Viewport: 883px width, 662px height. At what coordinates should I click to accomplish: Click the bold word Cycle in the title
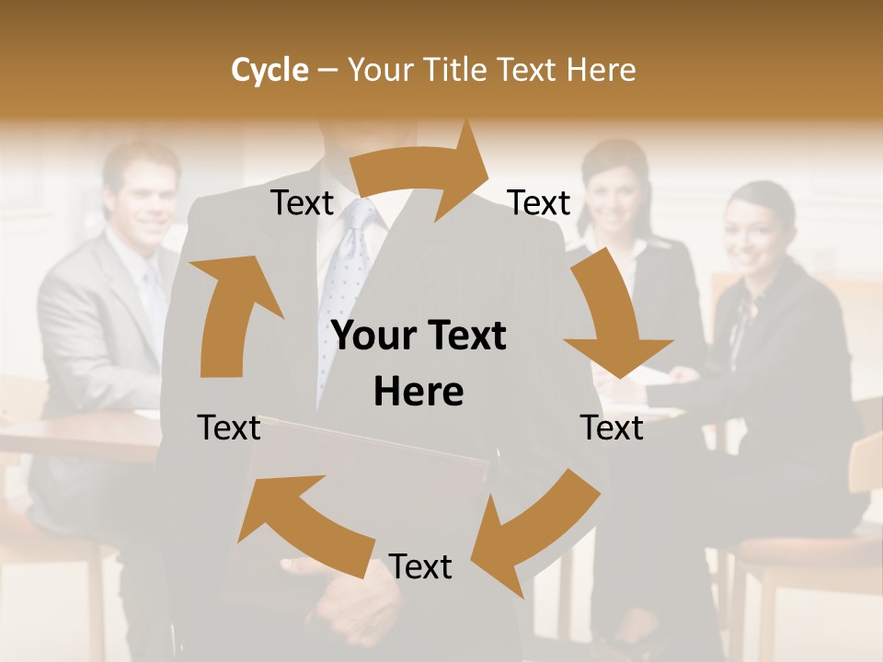coord(269,70)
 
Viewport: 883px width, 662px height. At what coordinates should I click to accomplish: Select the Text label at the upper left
coord(302,203)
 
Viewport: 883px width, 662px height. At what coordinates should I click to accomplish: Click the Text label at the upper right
coord(539,203)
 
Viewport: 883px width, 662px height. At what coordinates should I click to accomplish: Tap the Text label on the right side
coord(612,428)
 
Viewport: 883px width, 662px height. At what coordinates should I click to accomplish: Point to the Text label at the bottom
coord(420,567)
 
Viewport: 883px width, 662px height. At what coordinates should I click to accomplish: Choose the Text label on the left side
coord(229,428)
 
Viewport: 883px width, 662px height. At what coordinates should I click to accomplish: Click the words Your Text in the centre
coord(419,337)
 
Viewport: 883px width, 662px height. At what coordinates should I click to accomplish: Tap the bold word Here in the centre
coord(419,392)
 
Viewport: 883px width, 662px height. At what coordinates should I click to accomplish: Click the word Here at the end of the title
coord(602,70)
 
